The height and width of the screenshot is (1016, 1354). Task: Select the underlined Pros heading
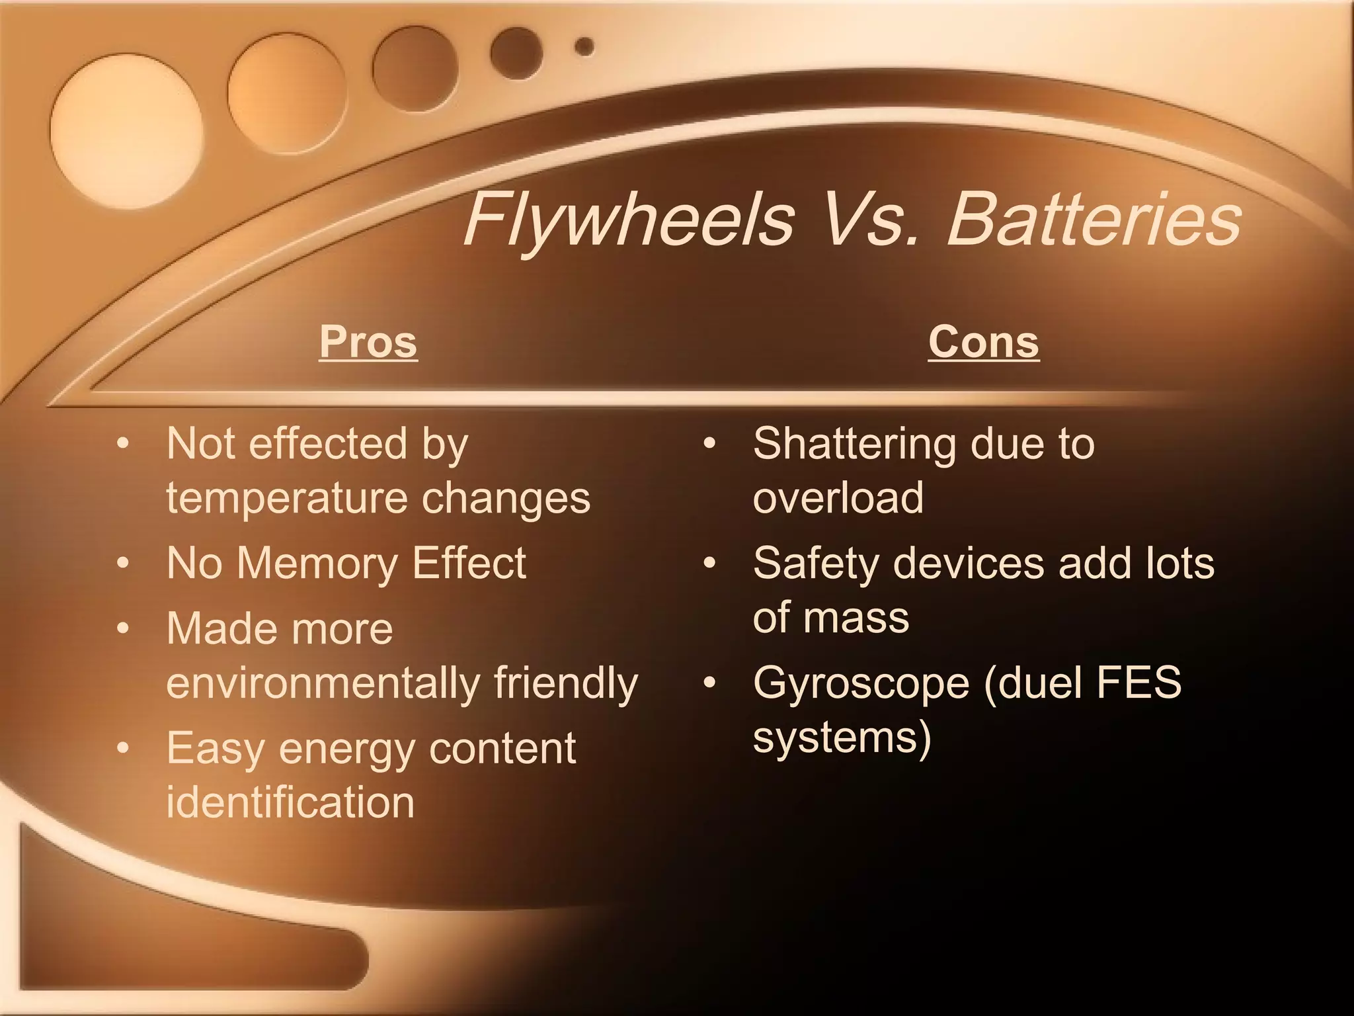tap(368, 342)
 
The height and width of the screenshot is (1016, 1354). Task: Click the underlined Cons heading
tap(983, 342)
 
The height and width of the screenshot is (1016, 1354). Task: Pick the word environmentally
tap(322, 683)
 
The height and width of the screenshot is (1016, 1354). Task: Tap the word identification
tap(290, 802)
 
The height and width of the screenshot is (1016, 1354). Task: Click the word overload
tap(838, 497)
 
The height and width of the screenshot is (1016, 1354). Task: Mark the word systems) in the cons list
tap(842, 736)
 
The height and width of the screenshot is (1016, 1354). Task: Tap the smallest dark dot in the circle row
tap(584, 47)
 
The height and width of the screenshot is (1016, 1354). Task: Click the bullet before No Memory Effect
tap(123, 564)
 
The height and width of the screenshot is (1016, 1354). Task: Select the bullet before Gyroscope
tap(709, 683)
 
